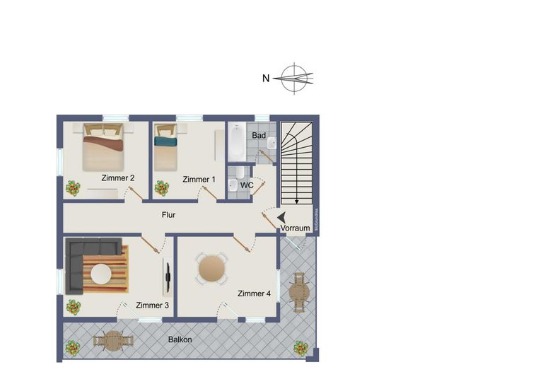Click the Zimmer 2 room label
(118, 178)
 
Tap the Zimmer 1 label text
(199, 180)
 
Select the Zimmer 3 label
(153, 306)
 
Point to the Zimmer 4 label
(255, 293)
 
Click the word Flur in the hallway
(168, 215)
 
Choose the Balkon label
(180, 339)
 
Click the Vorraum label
(295, 229)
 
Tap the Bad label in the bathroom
(259, 136)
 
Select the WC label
(247, 185)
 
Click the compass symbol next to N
(295, 78)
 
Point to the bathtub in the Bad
(236, 143)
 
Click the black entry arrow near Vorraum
(281, 219)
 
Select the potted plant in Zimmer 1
(162, 188)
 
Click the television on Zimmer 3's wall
(168, 277)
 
